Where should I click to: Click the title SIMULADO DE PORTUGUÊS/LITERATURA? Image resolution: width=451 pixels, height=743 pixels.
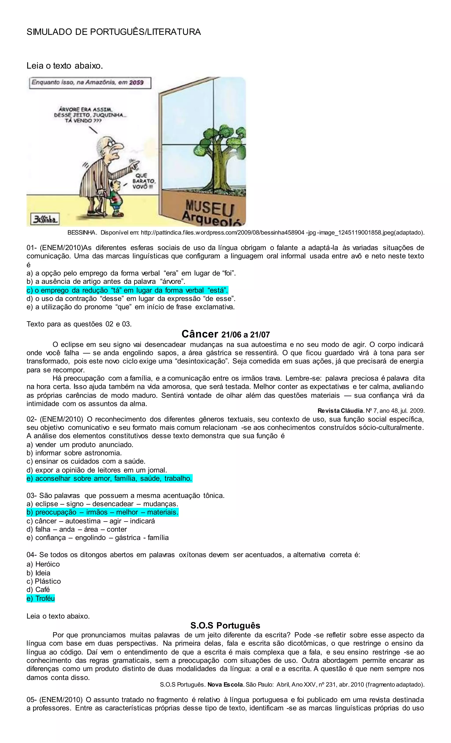(114, 32)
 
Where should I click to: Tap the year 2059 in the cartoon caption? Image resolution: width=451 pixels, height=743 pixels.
(136, 82)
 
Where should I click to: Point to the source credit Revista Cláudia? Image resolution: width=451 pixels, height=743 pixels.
(340, 411)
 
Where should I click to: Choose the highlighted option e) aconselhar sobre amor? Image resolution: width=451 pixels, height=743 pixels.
(109, 478)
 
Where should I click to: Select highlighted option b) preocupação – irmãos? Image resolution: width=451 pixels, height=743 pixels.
(102, 512)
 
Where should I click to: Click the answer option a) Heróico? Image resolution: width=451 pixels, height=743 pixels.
(43, 564)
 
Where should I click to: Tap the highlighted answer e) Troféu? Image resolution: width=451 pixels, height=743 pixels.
(41, 598)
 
